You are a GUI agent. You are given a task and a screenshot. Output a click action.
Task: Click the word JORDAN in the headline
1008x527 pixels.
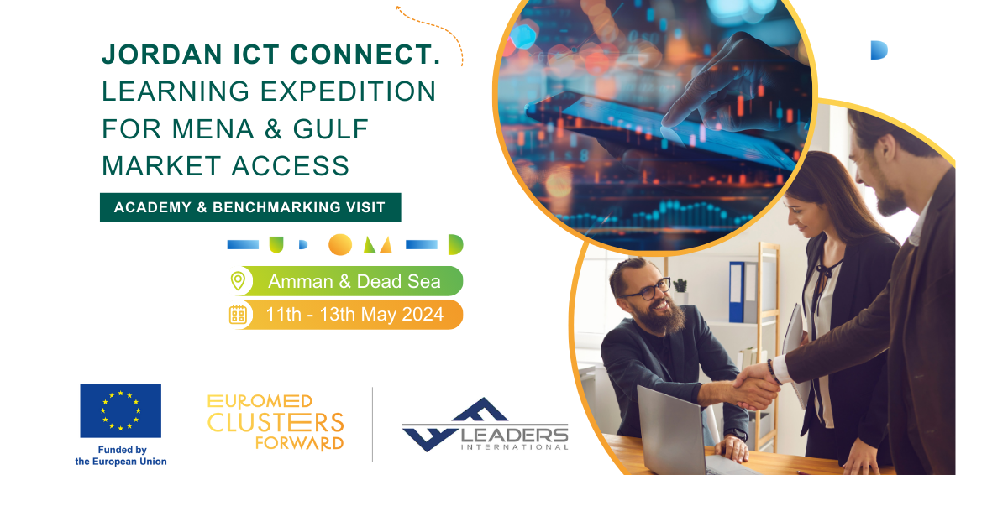coord(162,55)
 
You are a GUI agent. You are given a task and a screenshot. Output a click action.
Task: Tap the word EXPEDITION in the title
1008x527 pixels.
coord(348,91)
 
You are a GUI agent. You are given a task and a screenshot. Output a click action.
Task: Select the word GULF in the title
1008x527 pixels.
coord(331,129)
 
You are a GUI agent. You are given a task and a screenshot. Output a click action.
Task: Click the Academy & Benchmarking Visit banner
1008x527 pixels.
coord(250,207)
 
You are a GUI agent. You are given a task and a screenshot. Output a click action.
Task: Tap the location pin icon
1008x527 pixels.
coord(238,281)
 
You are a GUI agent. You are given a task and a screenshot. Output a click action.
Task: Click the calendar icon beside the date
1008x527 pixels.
coord(238,315)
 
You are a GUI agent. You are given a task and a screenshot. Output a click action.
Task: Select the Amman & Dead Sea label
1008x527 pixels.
coord(354,281)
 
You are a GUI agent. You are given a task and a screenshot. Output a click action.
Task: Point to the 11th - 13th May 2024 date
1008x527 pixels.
coord(354,315)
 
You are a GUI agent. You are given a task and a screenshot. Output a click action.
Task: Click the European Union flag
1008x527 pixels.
coord(121,410)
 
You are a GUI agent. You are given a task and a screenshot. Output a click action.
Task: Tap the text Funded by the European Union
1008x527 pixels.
coord(121,456)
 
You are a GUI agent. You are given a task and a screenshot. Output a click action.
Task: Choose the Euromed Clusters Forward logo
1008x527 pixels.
coord(276,422)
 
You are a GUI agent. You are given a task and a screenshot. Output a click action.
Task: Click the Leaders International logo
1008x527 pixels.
coord(486,425)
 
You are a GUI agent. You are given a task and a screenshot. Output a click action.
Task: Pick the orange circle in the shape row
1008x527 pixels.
coord(340,245)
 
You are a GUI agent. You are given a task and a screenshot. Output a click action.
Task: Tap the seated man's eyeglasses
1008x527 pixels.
coord(648,290)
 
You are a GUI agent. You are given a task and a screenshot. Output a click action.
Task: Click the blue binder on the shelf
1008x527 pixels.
coord(737,292)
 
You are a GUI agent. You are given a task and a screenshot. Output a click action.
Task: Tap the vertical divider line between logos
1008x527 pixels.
coord(373,424)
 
